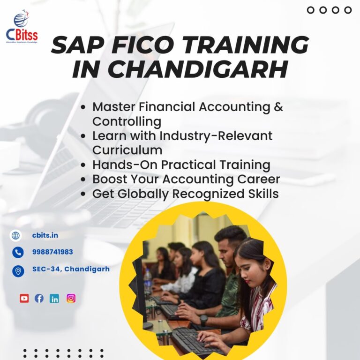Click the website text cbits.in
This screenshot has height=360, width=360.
coord(45,235)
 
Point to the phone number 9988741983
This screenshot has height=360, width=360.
coord(52,252)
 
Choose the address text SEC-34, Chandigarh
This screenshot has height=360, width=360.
coord(71,269)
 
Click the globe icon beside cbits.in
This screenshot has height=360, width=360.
coord(16,235)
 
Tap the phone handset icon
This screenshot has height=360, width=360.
coord(18,252)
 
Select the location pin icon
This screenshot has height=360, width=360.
coord(18,270)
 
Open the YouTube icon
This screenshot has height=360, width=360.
coord(24,298)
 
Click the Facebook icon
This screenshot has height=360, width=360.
coord(39,298)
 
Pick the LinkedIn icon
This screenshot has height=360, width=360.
coord(54,299)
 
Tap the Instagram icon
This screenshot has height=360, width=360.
coord(71,298)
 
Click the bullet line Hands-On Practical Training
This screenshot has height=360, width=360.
coord(181,165)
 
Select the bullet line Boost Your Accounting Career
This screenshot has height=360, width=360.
coord(186,179)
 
